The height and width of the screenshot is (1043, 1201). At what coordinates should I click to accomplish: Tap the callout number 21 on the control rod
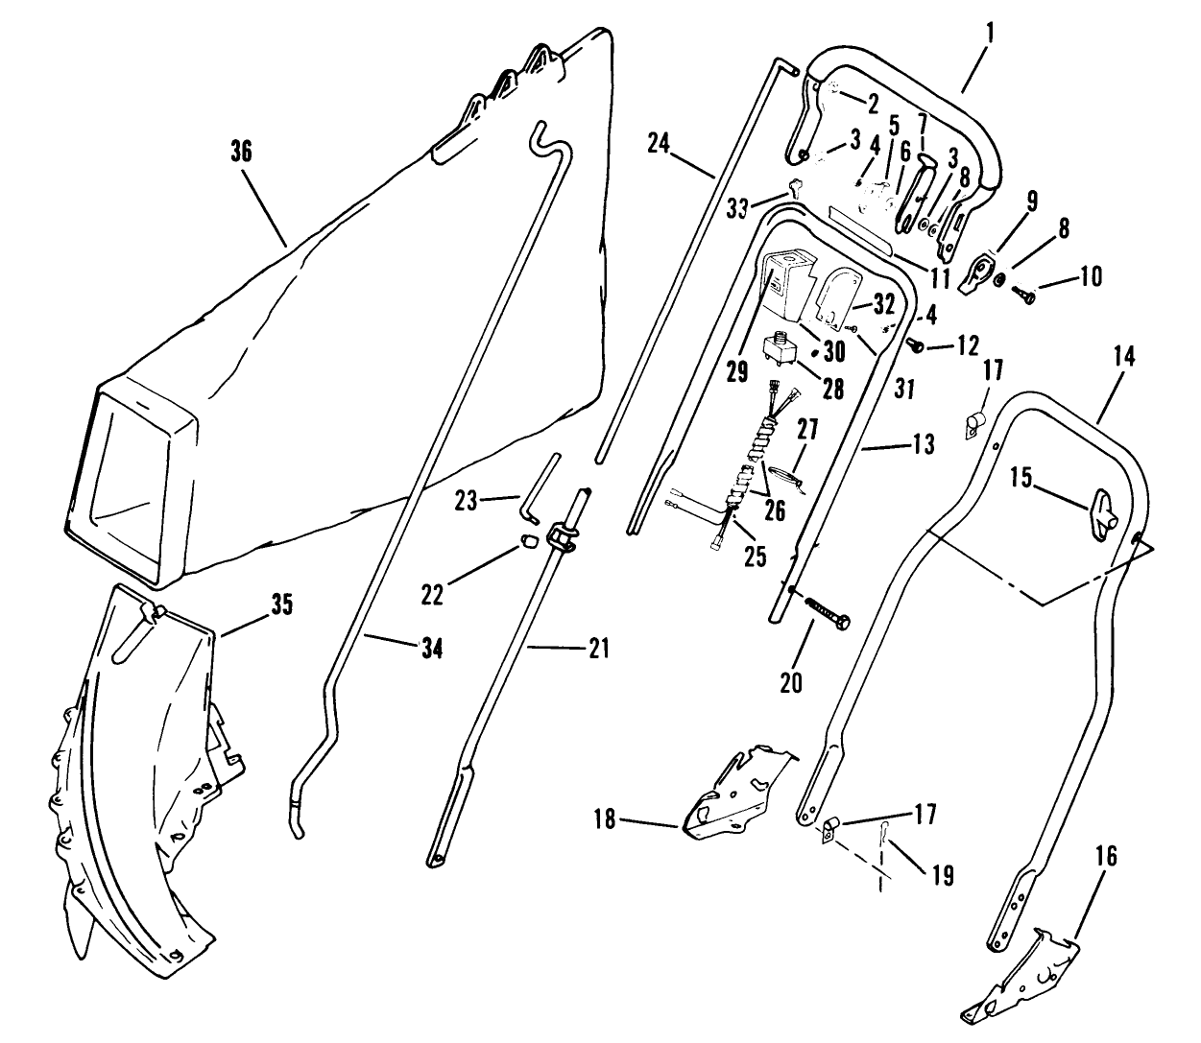point(598,650)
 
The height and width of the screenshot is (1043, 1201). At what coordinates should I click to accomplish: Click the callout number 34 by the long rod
point(431,650)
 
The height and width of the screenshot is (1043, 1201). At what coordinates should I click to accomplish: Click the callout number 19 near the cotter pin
point(942,875)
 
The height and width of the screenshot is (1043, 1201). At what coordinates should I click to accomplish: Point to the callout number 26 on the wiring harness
point(775,510)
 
